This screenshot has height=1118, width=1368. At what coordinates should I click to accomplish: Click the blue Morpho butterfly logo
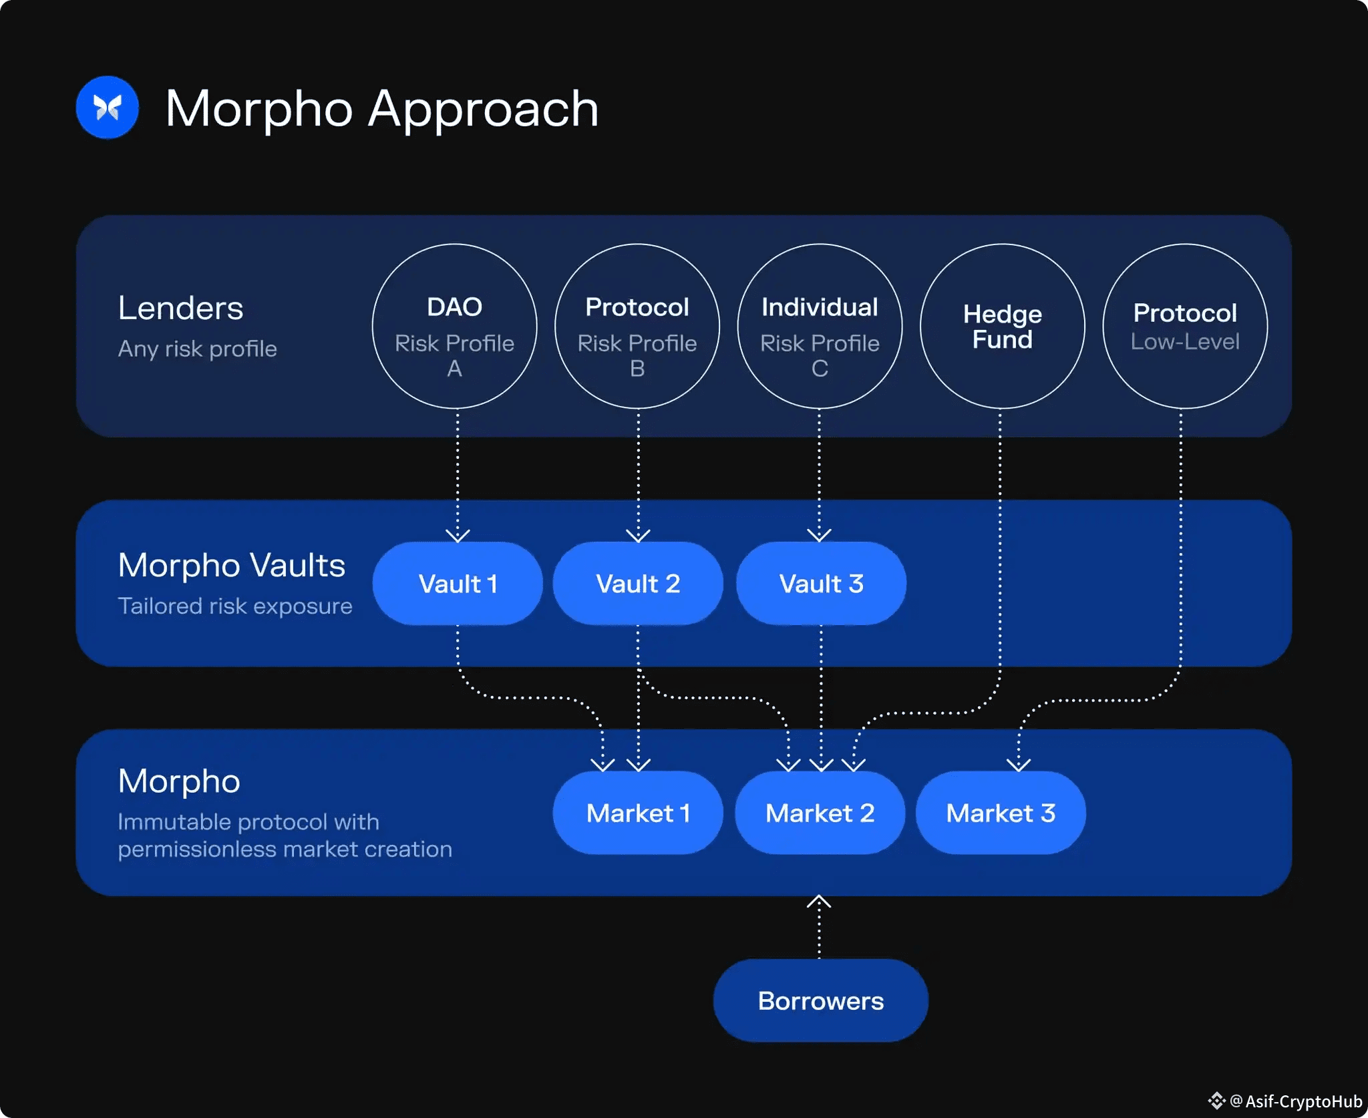tap(107, 108)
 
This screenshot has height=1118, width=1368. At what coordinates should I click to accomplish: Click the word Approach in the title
tap(483, 109)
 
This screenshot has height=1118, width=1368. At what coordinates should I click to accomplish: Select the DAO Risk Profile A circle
tap(454, 327)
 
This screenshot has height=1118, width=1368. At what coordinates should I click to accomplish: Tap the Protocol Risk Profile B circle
tap(637, 327)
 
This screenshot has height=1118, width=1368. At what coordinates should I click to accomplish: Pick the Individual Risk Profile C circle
tap(820, 327)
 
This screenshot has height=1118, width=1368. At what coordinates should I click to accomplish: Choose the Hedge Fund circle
tap(1002, 327)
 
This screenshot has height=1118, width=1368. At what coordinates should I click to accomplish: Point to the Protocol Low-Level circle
tap(1185, 327)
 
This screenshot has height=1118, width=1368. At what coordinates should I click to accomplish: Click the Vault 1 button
tap(458, 584)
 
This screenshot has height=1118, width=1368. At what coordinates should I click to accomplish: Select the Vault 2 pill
tap(638, 584)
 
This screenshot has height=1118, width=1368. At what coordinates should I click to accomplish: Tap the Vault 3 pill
tap(821, 584)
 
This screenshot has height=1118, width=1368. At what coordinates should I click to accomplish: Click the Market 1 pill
tap(638, 813)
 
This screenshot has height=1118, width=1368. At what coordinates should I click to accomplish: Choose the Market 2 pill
tap(820, 813)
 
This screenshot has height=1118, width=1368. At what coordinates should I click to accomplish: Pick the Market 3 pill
tap(1001, 813)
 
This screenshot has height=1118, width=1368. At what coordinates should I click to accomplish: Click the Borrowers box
tap(820, 1000)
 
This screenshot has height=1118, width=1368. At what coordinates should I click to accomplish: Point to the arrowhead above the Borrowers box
tap(819, 902)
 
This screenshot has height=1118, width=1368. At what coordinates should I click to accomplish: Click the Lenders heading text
tap(180, 308)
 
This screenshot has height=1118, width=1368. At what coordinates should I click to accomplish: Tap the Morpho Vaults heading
tap(231, 565)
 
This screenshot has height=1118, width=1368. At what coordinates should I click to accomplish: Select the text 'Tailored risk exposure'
tap(234, 606)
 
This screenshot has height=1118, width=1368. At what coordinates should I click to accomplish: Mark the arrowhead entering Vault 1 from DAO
tap(458, 535)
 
